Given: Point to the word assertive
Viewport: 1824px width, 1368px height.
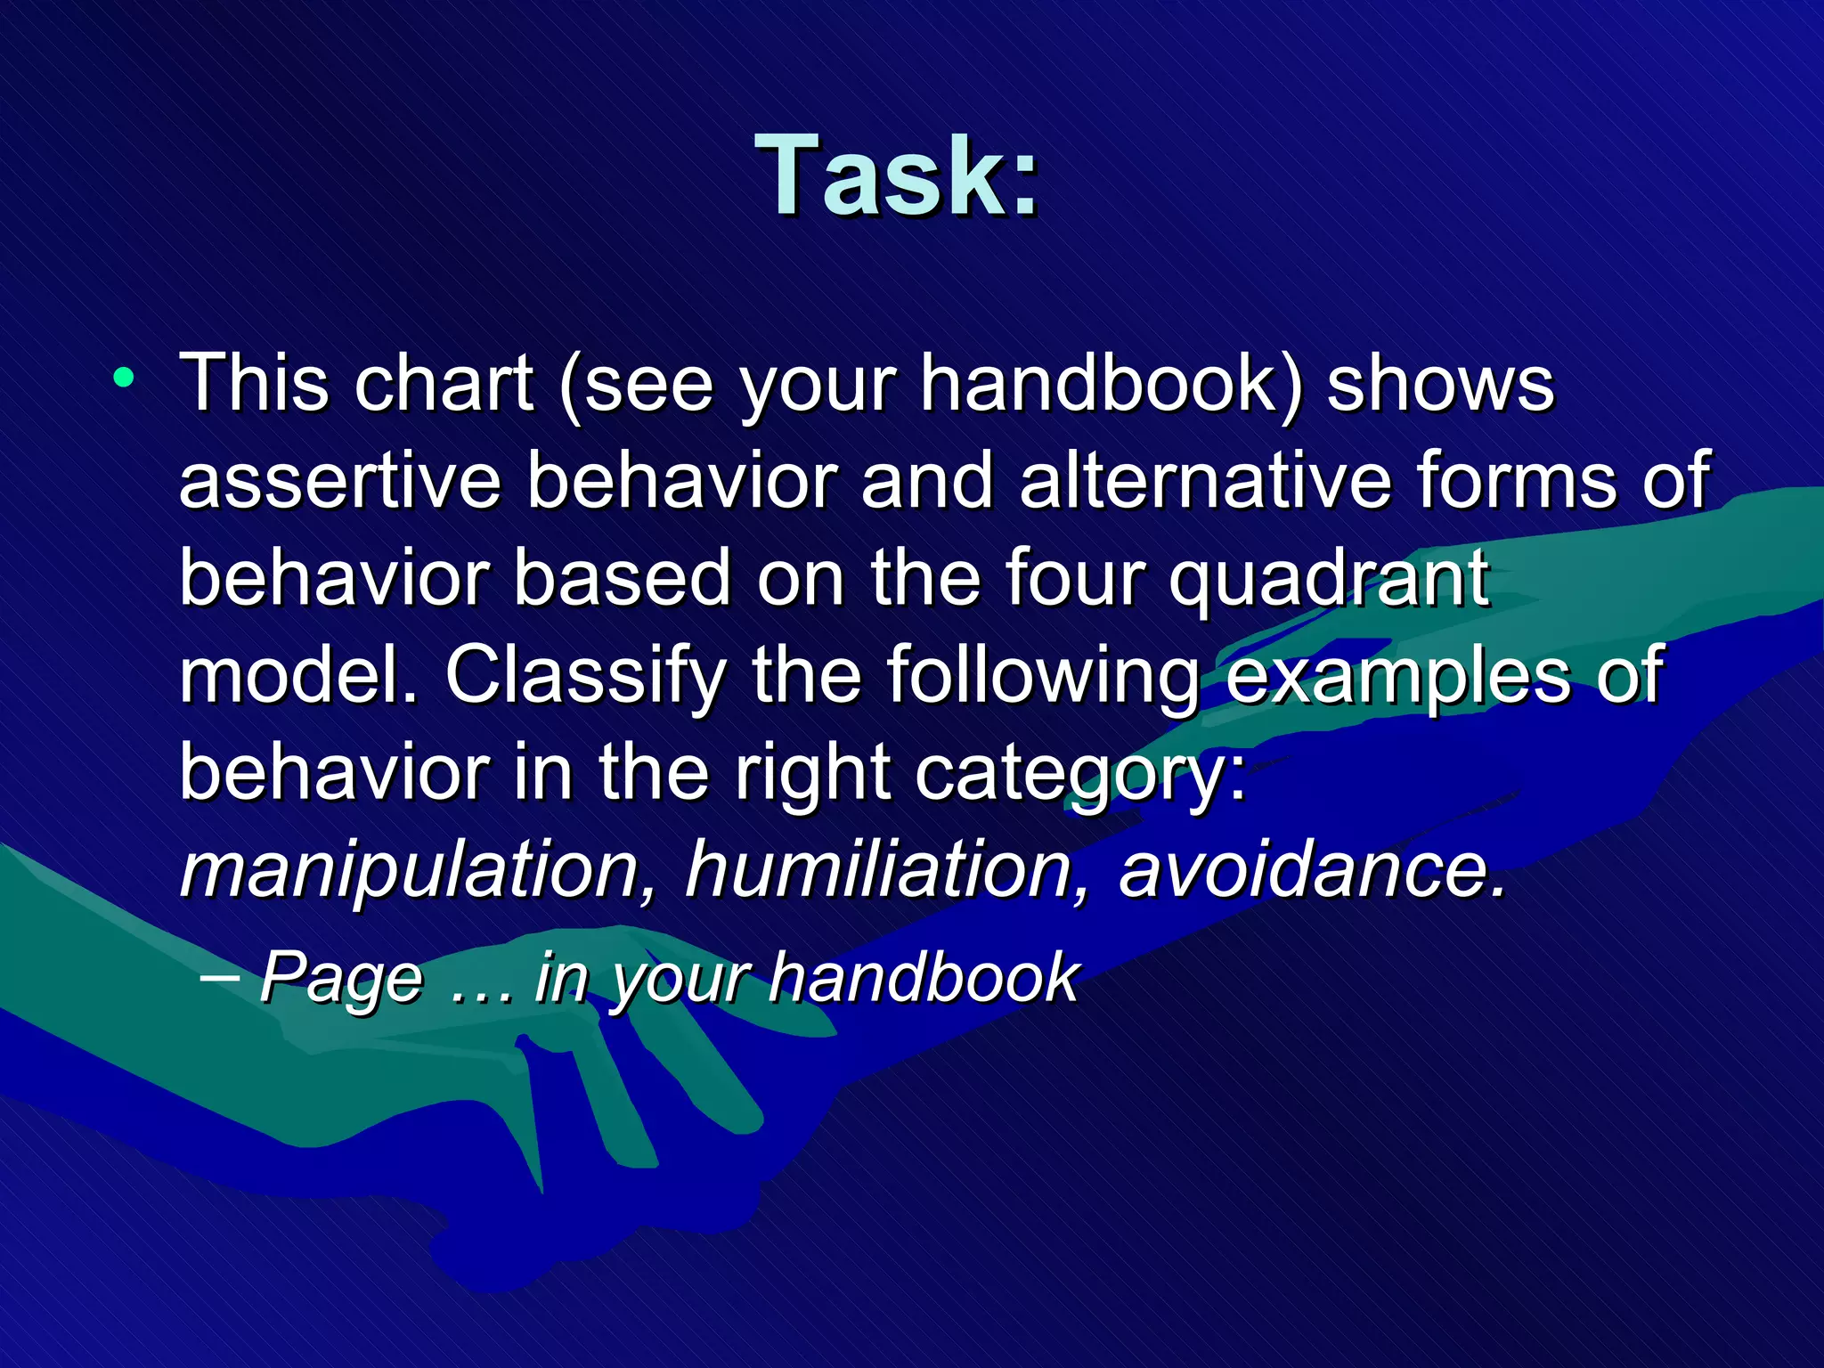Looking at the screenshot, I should tap(339, 481).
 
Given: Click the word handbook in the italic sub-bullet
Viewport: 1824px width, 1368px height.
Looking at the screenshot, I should tap(924, 978).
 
